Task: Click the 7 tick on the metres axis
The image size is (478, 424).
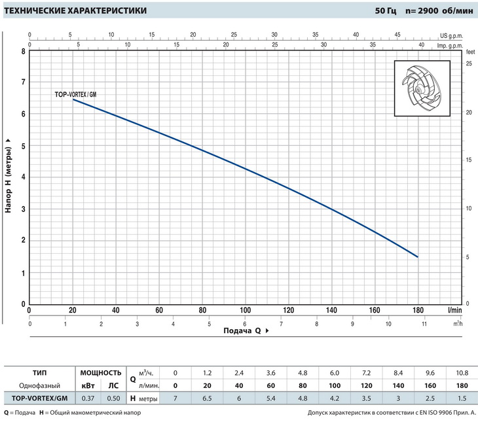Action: [23, 82]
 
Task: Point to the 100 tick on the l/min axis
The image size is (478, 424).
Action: [245, 310]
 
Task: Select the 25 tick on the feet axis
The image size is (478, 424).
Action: [469, 64]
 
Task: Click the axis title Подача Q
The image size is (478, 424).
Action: [243, 331]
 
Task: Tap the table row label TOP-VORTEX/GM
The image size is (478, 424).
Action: [39, 398]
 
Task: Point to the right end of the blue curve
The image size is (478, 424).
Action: [418, 257]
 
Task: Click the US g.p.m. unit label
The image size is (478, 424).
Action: [452, 35]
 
